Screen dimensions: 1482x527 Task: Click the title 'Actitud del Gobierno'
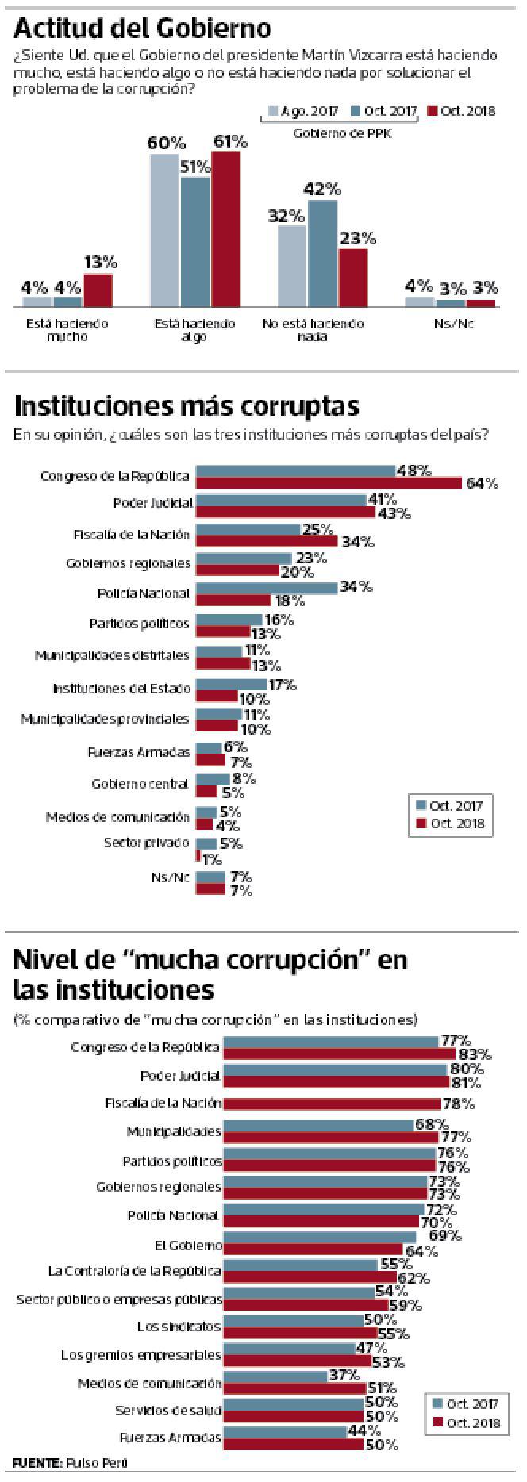click(x=143, y=29)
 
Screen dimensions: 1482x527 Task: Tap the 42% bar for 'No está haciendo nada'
click(x=322, y=253)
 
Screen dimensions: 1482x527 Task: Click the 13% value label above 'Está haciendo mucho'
click(x=101, y=262)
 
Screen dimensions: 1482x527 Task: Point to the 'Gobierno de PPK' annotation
click(x=342, y=133)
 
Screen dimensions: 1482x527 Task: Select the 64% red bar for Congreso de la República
click(x=329, y=483)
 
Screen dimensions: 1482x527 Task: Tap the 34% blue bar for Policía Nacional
click(x=266, y=588)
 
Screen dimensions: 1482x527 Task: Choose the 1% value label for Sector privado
click(x=212, y=859)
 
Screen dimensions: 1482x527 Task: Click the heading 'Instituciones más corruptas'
click(x=187, y=405)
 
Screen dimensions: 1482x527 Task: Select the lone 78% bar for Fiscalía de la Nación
click(x=332, y=1104)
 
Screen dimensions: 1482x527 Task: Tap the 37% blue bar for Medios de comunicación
click(x=275, y=1376)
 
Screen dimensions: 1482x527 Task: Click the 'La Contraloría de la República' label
click(x=134, y=1271)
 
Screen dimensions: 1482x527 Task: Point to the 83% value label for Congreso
click(x=475, y=1054)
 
